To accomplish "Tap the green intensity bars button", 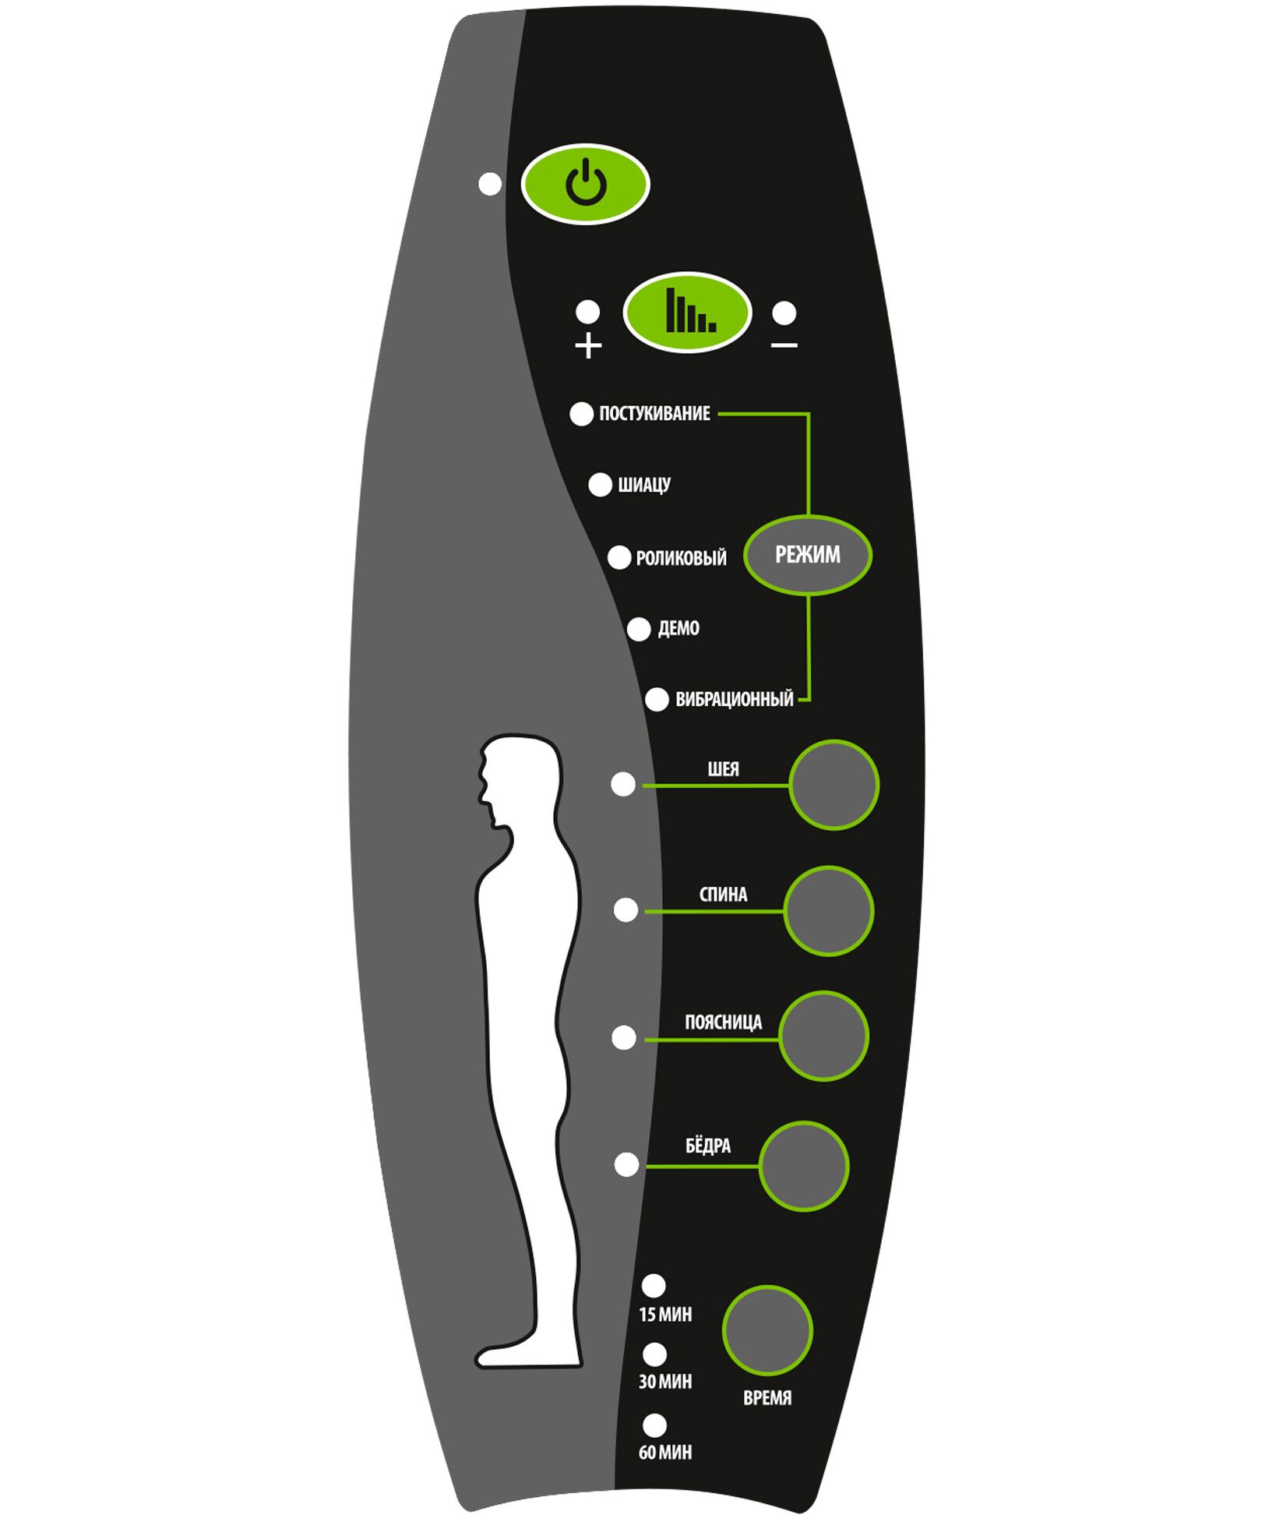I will [x=686, y=313].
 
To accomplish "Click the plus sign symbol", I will [x=588, y=344].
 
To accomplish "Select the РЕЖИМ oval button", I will [x=807, y=555].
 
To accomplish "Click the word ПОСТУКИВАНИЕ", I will [x=654, y=414].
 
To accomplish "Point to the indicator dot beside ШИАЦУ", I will [x=600, y=485].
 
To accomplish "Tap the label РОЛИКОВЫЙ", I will [x=681, y=558].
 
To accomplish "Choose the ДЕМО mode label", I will [x=679, y=628].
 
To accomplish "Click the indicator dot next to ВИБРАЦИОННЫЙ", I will [x=657, y=699].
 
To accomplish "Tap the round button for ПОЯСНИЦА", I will [x=823, y=1036].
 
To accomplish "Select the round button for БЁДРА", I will [x=803, y=1166].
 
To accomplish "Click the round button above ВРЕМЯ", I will [x=767, y=1330].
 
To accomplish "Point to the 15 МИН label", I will [x=664, y=1315].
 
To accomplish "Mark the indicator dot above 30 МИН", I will [x=654, y=1354].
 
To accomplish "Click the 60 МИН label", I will [x=664, y=1452].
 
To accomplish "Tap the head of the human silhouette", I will [x=518, y=775].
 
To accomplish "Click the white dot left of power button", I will [x=490, y=185].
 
